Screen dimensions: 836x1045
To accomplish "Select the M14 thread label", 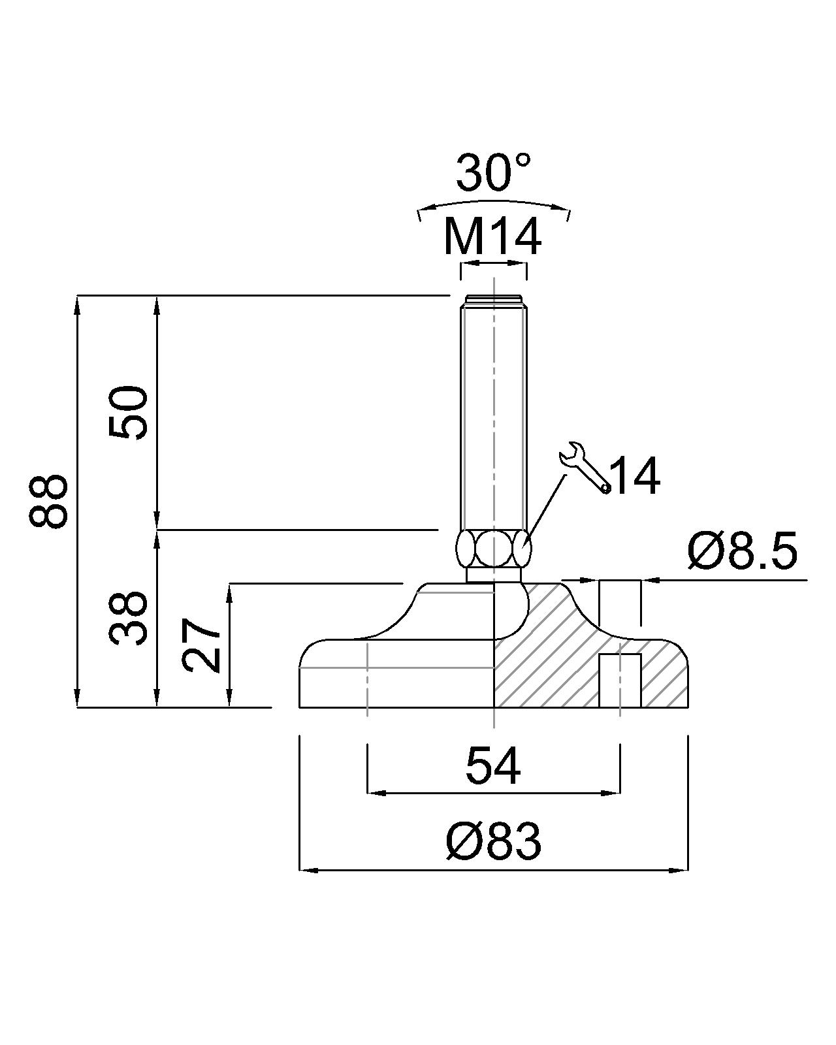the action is (x=492, y=237).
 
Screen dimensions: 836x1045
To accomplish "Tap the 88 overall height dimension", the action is (x=48, y=501).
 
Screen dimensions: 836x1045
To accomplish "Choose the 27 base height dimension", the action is (x=202, y=645).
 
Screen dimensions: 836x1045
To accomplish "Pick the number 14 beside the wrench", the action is (x=635, y=476).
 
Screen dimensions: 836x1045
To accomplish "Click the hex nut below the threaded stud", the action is (x=494, y=549).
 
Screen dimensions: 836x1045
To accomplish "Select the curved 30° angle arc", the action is (x=494, y=204).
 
